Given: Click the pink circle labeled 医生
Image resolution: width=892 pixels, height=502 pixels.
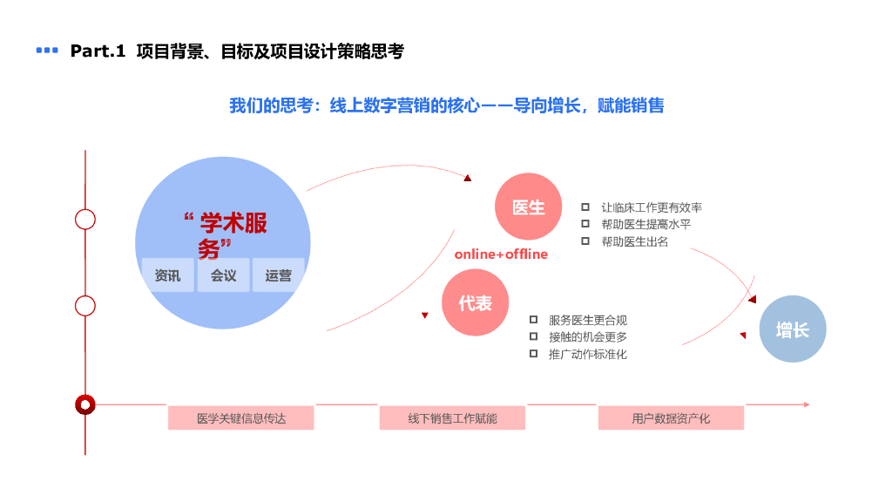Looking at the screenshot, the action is (528, 207).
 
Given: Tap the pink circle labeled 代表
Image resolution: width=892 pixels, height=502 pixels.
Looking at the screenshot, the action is (475, 302).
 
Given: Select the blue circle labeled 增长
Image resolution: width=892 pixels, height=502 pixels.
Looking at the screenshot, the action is (792, 329).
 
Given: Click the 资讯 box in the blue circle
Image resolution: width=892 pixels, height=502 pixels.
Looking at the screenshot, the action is (168, 275).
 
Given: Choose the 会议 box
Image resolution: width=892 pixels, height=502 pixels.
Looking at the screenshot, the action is (223, 275).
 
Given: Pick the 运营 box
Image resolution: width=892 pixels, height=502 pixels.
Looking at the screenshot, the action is (279, 275).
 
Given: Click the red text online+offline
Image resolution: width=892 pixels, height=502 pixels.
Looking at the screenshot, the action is (501, 254).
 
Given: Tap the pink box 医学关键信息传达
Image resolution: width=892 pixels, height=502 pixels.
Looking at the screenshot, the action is (241, 418).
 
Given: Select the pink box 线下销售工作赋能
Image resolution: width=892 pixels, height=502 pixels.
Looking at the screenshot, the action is (452, 418).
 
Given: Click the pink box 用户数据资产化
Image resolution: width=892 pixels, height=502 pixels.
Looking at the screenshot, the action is (671, 418).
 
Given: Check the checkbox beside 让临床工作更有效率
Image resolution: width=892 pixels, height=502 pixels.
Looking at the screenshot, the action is (585, 207).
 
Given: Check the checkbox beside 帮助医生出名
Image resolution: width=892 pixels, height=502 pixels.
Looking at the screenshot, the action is (585, 241).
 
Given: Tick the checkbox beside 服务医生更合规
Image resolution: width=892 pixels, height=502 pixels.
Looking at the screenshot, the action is (533, 320).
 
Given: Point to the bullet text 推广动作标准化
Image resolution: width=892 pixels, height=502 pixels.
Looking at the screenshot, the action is (587, 354).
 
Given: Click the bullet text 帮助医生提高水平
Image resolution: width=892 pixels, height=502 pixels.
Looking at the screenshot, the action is (645, 225).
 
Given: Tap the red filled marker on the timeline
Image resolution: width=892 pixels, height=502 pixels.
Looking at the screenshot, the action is (84, 404).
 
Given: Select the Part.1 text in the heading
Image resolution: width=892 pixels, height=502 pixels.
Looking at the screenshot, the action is (98, 51).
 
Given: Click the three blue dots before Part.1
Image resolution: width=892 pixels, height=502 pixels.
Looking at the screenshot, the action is (47, 51).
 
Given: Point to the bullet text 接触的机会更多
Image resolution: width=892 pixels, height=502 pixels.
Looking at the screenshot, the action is (587, 337).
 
